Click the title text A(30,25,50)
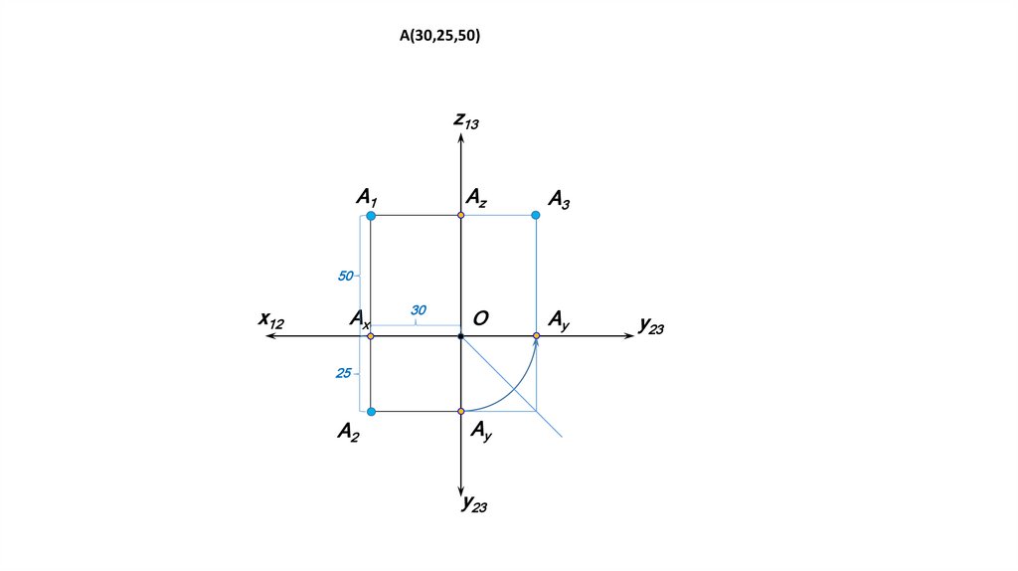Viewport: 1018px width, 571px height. click(440, 36)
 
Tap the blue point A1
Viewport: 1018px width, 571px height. click(371, 215)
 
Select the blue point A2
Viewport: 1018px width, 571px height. click(371, 411)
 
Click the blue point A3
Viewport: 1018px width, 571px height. click(536, 215)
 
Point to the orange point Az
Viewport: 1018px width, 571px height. click(461, 215)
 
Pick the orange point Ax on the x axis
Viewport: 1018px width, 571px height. click(371, 336)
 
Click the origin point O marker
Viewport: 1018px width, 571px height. click(461, 336)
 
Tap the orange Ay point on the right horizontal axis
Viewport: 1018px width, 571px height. click(536, 336)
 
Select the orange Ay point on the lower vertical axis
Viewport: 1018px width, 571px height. click(461, 411)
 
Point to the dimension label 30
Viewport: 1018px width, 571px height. click(419, 311)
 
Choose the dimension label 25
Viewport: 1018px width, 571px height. click(344, 373)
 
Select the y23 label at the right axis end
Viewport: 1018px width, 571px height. click(651, 324)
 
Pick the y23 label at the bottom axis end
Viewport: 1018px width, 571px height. click(474, 504)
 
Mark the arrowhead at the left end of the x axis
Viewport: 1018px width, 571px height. click(269, 336)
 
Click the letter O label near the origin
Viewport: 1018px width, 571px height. click(480, 318)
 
